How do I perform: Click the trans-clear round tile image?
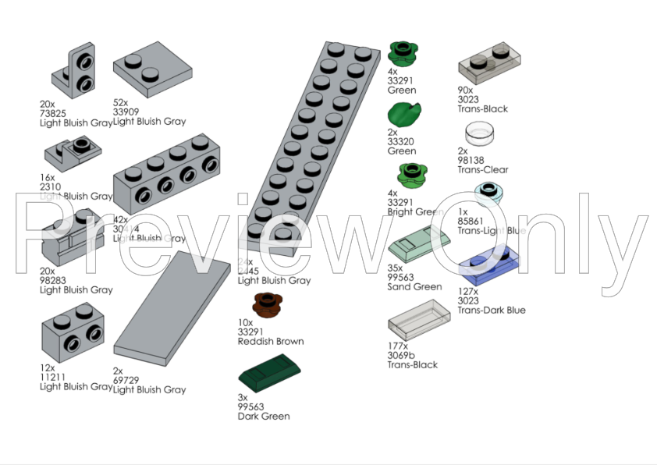point(480,133)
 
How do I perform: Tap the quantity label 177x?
point(398,346)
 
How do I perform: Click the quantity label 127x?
point(468,292)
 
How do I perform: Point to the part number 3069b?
point(402,356)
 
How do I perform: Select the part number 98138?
point(473,161)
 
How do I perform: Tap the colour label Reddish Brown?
point(271,342)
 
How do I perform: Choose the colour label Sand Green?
point(414,287)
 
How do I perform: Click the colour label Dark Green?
point(264,417)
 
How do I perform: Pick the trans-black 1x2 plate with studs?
point(489,62)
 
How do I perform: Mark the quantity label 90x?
point(465,91)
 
